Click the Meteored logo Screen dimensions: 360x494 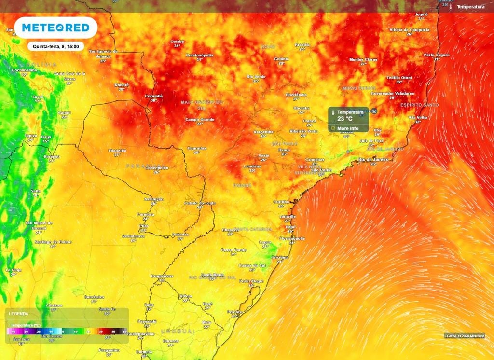(56, 28)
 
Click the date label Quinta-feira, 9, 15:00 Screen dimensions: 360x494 (56, 47)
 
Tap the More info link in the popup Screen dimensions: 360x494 (347, 128)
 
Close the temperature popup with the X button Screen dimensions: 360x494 (374, 111)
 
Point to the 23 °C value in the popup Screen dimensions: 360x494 (345, 119)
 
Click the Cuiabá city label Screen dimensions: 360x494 (177, 42)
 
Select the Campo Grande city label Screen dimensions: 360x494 (199, 119)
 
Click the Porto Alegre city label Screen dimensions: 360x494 (251, 281)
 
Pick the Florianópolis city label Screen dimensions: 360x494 (292, 238)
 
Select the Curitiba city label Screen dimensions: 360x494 (281, 201)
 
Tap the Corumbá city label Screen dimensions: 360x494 (154, 96)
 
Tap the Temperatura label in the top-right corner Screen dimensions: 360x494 (470, 7)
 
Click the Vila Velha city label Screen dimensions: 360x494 (418, 117)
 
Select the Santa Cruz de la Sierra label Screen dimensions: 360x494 (69, 76)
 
